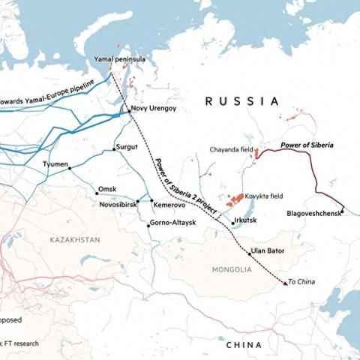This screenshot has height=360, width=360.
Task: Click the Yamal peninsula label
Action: click(120, 58)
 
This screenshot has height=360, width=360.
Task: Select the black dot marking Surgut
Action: click(114, 149)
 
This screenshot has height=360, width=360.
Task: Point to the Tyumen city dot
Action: click(70, 169)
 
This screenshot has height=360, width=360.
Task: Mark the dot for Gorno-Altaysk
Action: click(148, 223)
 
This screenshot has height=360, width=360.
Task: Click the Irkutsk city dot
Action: click(232, 223)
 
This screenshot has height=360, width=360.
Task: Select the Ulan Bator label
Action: click(269, 250)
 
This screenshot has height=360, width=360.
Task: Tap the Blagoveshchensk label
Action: click(314, 213)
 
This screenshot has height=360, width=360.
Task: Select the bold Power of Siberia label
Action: click(306, 143)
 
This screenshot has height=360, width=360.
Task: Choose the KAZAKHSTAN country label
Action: click(74, 239)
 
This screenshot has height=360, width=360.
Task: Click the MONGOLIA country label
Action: click(232, 268)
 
